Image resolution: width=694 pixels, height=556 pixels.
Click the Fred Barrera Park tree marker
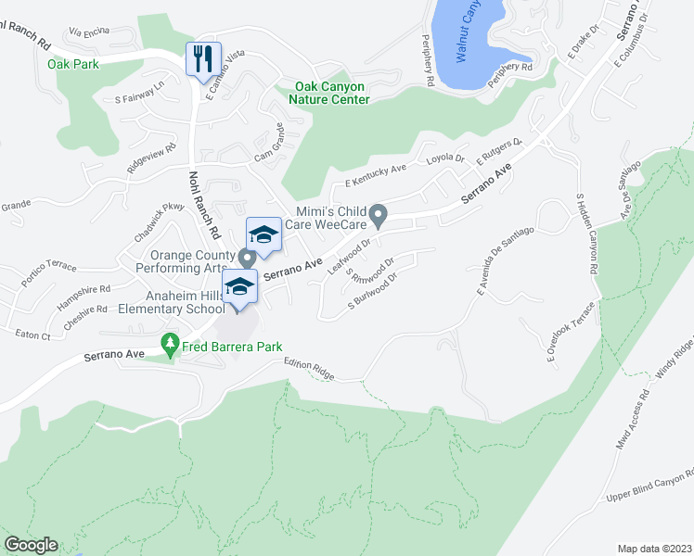pos(169,345)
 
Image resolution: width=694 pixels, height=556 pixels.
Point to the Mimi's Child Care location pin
pos(378,217)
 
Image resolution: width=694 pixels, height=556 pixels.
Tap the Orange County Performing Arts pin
pos(247,258)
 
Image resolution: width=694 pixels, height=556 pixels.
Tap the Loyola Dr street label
pos(445,158)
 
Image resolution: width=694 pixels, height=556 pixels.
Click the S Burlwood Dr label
pos(373,291)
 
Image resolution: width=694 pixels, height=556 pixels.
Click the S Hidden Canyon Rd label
pos(585,232)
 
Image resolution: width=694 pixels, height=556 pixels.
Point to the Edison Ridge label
pos(308,370)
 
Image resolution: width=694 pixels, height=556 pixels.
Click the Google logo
pos(31,544)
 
